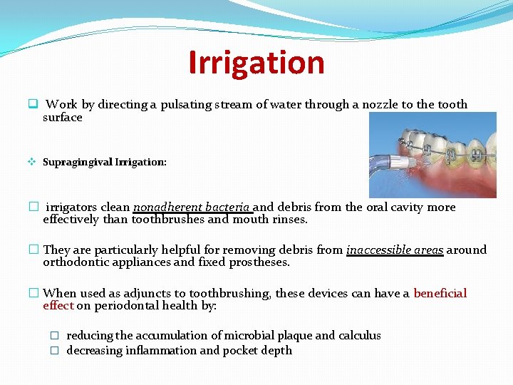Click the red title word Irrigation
point(256,62)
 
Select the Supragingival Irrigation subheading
point(105,162)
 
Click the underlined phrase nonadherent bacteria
point(192,207)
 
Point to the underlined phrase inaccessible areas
point(395,250)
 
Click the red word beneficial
point(440,294)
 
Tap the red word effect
point(58,306)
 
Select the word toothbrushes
point(169,220)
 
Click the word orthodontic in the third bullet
point(76,262)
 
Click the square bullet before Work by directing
point(33,104)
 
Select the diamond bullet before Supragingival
point(33,162)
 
